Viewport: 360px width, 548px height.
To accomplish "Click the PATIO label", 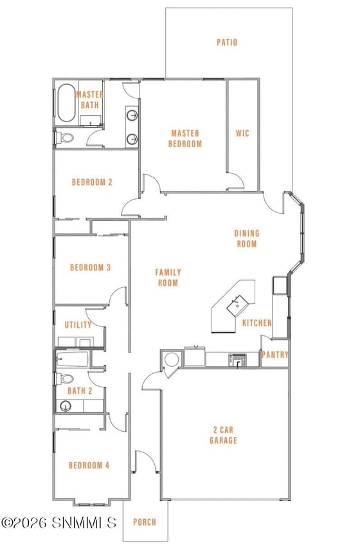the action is point(227,42).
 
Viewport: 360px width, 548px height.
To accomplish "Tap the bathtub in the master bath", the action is point(66,103).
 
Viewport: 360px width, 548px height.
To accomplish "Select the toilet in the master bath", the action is point(64,137).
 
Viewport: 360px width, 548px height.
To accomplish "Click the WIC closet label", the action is point(242,133).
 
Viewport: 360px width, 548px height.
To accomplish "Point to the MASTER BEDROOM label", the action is point(185,138).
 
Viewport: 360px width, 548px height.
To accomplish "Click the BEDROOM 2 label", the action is point(92,182).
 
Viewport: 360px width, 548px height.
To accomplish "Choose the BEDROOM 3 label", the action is point(90,268).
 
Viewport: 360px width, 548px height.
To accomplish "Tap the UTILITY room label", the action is point(78,325).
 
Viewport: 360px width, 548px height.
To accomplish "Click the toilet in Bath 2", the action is point(65,378).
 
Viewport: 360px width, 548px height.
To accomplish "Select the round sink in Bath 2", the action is point(66,406).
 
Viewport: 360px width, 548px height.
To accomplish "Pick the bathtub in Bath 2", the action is point(73,360).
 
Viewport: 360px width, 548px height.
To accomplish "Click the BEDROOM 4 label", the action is point(89,466).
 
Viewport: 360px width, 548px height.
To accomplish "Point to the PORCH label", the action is point(145,522).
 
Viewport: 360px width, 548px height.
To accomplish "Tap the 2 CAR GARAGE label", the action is point(223,435).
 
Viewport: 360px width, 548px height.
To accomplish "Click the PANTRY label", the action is point(275,355).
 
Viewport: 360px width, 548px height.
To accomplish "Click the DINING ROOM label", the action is point(247,238).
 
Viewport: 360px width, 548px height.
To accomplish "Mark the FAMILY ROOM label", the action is point(168,278).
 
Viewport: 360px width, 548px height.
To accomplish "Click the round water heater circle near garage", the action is point(172,360).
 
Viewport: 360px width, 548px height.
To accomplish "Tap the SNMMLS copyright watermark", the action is point(59,522).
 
